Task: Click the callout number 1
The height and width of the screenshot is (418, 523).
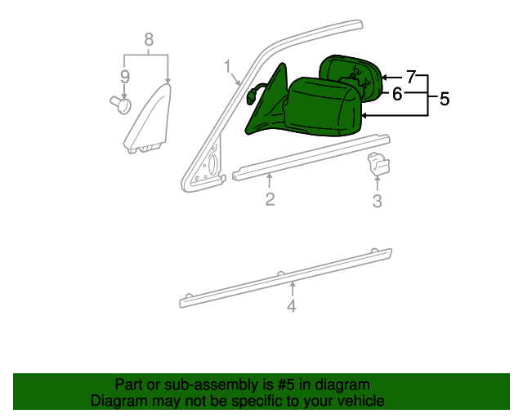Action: click(x=227, y=67)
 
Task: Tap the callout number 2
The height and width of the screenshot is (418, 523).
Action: click(x=270, y=199)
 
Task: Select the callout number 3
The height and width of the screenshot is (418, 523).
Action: click(x=378, y=201)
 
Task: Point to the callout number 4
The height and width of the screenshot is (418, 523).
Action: click(x=292, y=306)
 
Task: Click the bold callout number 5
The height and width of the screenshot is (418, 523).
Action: click(x=445, y=99)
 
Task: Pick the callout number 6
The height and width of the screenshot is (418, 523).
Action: click(x=397, y=94)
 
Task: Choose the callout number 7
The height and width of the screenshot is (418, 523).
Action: click(x=411, y=77)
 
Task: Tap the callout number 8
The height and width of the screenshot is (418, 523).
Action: click(x=149, y=39)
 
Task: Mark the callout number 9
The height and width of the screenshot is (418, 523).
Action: click(x=125, y=77)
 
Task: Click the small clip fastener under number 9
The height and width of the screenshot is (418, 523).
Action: click(x=121, y=104)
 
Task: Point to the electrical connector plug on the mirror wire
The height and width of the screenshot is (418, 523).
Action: click(x=250, y=98)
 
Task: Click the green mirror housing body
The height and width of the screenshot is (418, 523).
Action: click(x=322, y=107)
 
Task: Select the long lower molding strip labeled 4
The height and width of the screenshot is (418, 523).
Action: click(x=286, y=278)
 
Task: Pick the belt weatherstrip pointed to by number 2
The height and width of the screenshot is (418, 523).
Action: click(x=311, y=158)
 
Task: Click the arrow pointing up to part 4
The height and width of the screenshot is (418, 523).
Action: click(x=293, y=289)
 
